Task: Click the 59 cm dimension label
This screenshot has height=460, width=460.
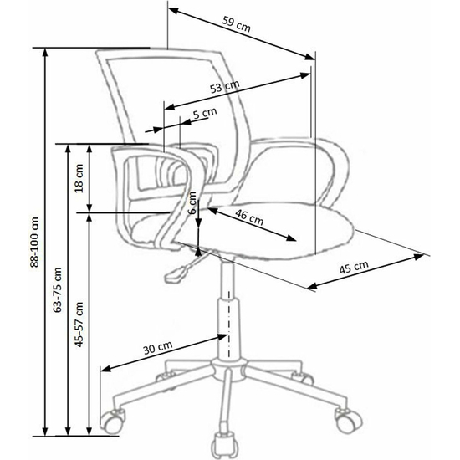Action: tap(236, 24)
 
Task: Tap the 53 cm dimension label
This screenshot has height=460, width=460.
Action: tap(225, 86)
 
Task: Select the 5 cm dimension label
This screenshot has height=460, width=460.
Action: tap(205, 113)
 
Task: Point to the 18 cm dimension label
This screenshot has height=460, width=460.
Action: tap(79, 178)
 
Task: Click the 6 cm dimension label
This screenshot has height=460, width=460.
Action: tap(192, 202)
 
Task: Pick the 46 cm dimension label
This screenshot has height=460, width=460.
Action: tap(249, 217)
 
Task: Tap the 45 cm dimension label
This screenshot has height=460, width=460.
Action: tap(354, 267)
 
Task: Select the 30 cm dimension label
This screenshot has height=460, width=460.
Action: tap(157, 348)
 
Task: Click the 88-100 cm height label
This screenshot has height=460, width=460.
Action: tap(34, 243)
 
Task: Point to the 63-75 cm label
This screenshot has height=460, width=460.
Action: tap(58, 289)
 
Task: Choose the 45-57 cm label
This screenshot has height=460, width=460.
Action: tap(79, 325)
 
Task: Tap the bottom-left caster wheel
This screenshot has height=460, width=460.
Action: tap(113, 422)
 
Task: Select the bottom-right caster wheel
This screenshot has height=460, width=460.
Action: tap(348, 419)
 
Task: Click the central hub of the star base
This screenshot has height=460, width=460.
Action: tap(228, 369)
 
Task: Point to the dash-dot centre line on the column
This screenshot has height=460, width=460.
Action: tap(229, 324)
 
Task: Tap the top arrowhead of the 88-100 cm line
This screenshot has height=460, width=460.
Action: tap(45, 54)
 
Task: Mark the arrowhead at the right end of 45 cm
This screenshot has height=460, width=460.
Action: tap(419, 257)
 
